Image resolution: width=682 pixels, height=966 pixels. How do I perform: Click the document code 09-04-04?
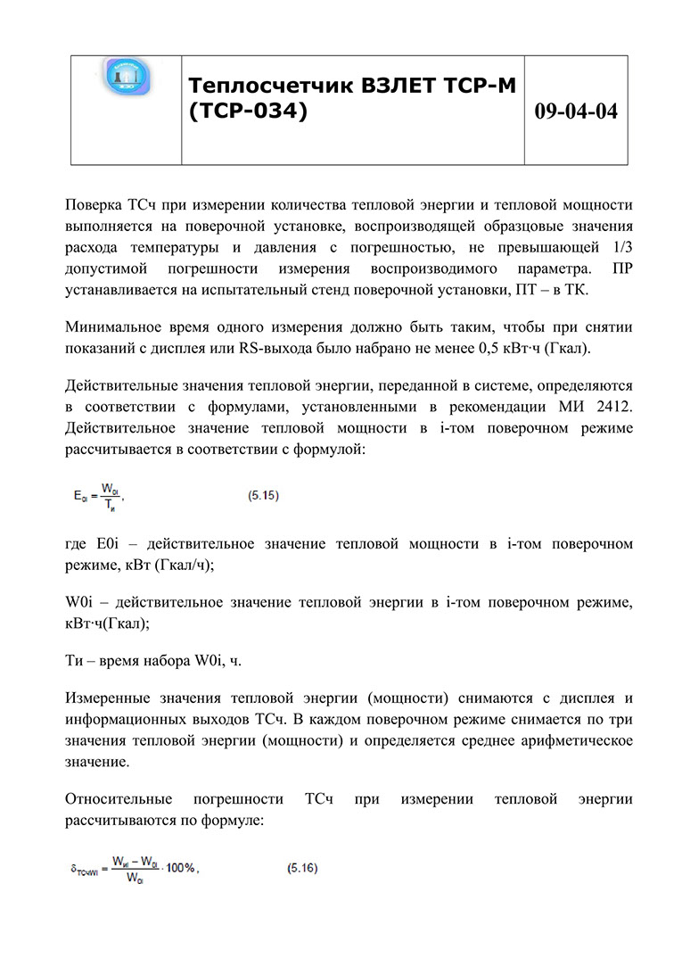576,111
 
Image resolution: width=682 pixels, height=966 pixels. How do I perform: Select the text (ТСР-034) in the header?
248,111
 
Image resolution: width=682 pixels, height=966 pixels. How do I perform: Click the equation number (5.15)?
263,495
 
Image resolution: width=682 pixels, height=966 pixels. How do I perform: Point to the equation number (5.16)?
302,866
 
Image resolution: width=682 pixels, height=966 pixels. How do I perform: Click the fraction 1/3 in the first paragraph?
621,247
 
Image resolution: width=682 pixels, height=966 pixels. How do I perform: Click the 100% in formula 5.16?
178,868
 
